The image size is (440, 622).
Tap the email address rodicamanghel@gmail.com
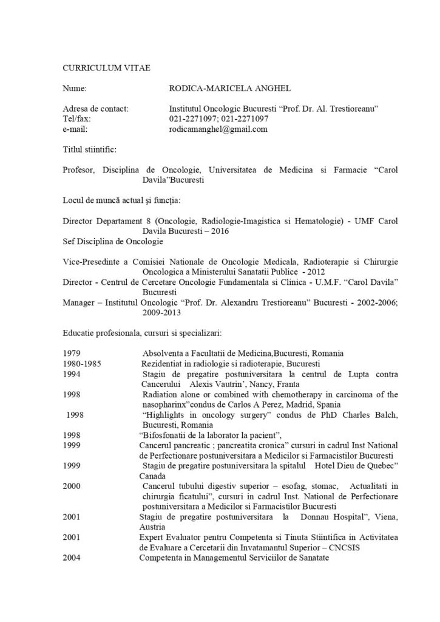pyautogui.click(x=218, y=129)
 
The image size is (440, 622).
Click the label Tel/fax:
pyautogui.click(x=76, y=118)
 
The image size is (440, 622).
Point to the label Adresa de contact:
pyautogui.click(x=96, y=108)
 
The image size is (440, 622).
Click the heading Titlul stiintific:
pyautogui.click(x=91, y=149)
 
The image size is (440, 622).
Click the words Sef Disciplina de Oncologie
pyautogui.click(x=113, y=242)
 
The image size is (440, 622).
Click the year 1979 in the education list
pyautogui.click(x=72, y=353)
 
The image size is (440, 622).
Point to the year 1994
pyautogui.click(x=72, y=374)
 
